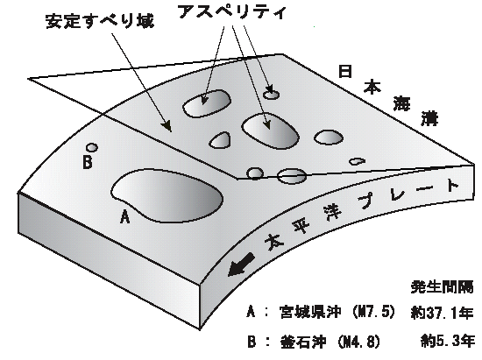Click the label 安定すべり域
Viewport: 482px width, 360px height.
pos(100,21)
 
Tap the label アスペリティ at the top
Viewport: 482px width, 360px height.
pos(232,12)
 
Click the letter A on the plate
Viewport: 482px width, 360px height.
pos(124,216)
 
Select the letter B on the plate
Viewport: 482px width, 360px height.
pos(88,161)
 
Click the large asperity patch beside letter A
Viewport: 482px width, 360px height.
pos(167,195)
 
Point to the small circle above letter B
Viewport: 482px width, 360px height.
pos(92,148)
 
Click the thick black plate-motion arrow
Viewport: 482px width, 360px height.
pos(241,265)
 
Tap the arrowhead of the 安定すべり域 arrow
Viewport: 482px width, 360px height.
pos(167,126)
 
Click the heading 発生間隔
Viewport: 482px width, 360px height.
pos(442,287)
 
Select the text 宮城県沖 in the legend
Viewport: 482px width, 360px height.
pos(310,312)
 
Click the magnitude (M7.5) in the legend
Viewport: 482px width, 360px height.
pos(373,312)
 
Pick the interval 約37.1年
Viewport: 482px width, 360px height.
pos(442,313)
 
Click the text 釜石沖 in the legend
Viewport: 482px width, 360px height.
pos(303,342)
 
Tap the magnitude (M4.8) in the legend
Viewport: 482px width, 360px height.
pos(358,342)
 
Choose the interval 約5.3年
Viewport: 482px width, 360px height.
pos(447,341)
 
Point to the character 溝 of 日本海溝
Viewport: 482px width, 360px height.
pos(429,118)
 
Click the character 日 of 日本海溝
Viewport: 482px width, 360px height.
pos(345,71)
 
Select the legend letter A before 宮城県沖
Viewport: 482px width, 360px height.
pos(251,312)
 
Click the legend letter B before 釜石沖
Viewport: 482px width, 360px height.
pos(252,342)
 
